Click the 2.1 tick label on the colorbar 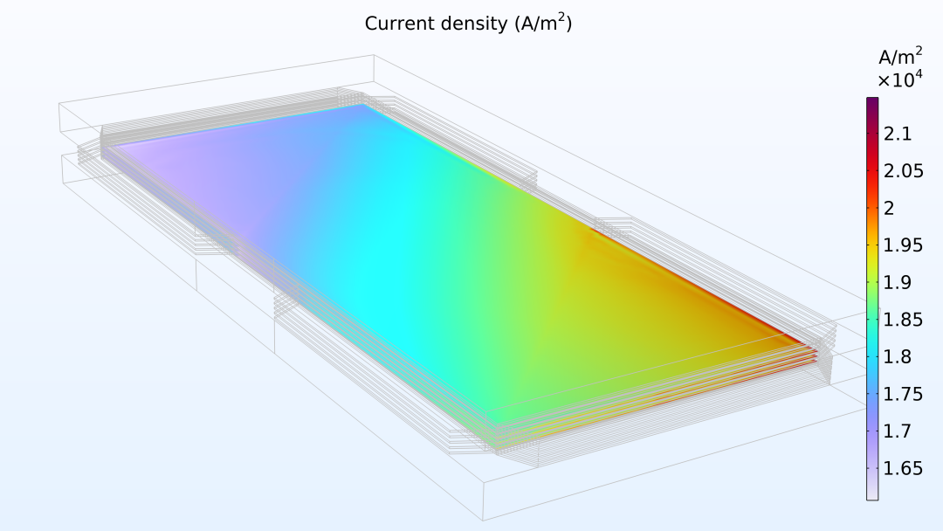pyautogui.click(x=897, y=134)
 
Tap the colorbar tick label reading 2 pyautogui.click(x=889, y=208)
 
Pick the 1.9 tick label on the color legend pyautogui.click(x=897, y=282)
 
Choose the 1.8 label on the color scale pyautogui.click(x=897, y=356)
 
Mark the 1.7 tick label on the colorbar pyautogui.click(x=897, y=431)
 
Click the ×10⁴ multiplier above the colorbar pyautogui.click(x=900, y=79)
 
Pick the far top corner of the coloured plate pyautogui.click(x=363, y=106)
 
